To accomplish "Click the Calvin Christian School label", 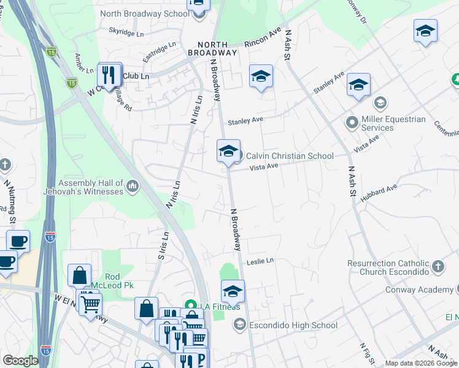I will coord(290,156).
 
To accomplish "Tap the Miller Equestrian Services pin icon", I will coord(352,121).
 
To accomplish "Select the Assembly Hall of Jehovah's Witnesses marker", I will coord(133,186).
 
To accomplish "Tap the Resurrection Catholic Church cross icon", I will coord(438,266).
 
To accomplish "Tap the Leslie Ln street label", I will coord(260,261).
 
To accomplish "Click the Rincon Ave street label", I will coord(262,37).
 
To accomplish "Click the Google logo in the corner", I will coord(20,361).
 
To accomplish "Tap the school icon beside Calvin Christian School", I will coord(228,150).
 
